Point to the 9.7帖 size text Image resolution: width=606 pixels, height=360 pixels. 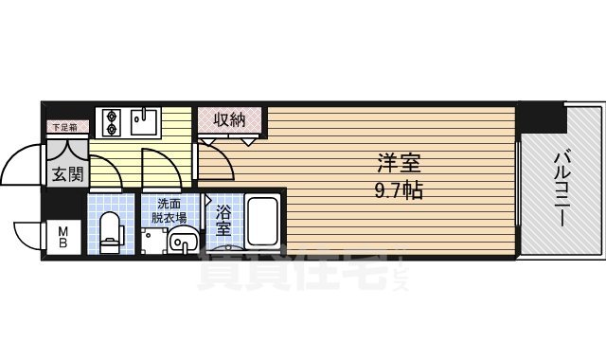(x=395, y=189)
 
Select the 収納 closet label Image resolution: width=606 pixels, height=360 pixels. (x=229, y=119)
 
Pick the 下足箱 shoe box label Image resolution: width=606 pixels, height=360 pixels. (x=64, y=125)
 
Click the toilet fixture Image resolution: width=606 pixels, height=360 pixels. (x=112, y=226)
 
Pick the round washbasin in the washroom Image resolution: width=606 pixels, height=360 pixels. (x=180, y=244)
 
